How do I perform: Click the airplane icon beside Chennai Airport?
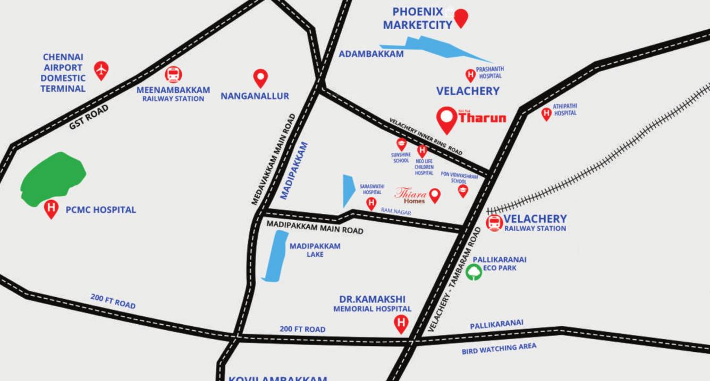(101, 69)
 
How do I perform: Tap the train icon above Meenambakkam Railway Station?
(173, 74)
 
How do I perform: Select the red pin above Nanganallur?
(260, 77)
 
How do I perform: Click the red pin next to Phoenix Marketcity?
(461, 18)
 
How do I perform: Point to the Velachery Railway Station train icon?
(494, 222)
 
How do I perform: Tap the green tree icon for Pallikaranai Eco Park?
(474, 272)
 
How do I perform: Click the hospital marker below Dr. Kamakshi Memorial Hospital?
(401, 323)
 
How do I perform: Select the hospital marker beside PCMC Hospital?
(51, 208)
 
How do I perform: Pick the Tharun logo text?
(482, 118)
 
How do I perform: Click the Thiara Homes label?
(411, 195)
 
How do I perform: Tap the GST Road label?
(89, 117)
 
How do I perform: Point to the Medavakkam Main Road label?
(274, 159)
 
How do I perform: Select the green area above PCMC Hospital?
(53, 178)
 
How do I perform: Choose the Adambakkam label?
(371, 54)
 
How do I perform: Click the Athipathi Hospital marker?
(546, 113)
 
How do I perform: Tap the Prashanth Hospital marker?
(470, 75)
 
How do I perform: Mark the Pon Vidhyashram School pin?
(463, 190)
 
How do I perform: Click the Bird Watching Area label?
(499, 349)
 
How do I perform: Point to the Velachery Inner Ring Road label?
(426, 136)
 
